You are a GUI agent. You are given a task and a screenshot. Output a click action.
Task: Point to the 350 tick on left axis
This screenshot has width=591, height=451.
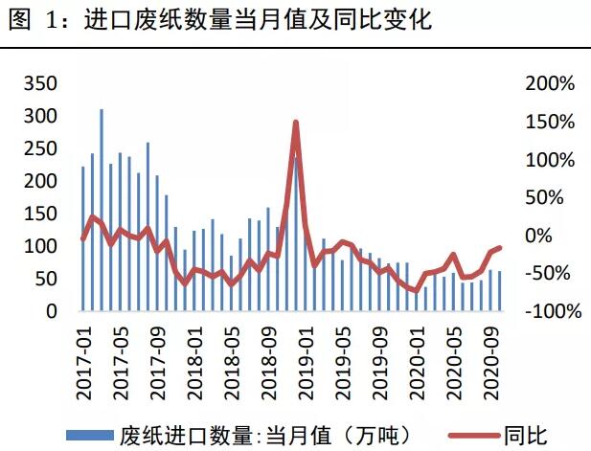pyautogui.click(x=37, y=84)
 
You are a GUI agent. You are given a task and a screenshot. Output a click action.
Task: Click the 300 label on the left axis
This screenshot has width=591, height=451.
pyautogui.click(x=37, y=117)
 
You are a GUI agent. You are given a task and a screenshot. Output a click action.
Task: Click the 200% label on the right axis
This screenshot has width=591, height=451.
pyautogui.click(x=550, y=84)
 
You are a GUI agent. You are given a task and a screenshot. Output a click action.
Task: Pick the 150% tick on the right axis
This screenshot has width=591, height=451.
pyautogui.click(x=550, y=123)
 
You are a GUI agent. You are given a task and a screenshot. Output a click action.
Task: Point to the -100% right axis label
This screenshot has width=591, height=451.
pyautogui.click(x=548, y=312)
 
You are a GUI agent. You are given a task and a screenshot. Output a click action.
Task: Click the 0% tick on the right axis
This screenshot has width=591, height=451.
pyautogui.click(x=540, y=237)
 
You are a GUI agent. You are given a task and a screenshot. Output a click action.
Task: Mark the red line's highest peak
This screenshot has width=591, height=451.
pyautogui.click(x=296, y=123)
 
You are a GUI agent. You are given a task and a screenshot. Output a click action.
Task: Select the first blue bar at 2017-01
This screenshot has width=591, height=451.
pyautogui.click(x=83, y=239)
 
